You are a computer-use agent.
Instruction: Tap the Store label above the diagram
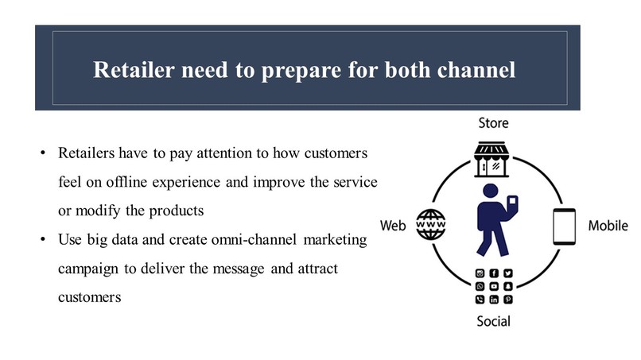pos(492,123)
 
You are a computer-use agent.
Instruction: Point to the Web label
pos(394,226)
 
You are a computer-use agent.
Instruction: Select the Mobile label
pos(608,226)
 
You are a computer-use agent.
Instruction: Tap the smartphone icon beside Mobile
pos(563,226)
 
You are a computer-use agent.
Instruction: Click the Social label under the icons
pos(493,321)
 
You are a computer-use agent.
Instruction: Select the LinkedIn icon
pos(493,300)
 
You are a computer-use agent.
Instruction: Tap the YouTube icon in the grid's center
pos(493,287)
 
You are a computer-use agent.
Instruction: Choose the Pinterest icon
pos(507,300)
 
